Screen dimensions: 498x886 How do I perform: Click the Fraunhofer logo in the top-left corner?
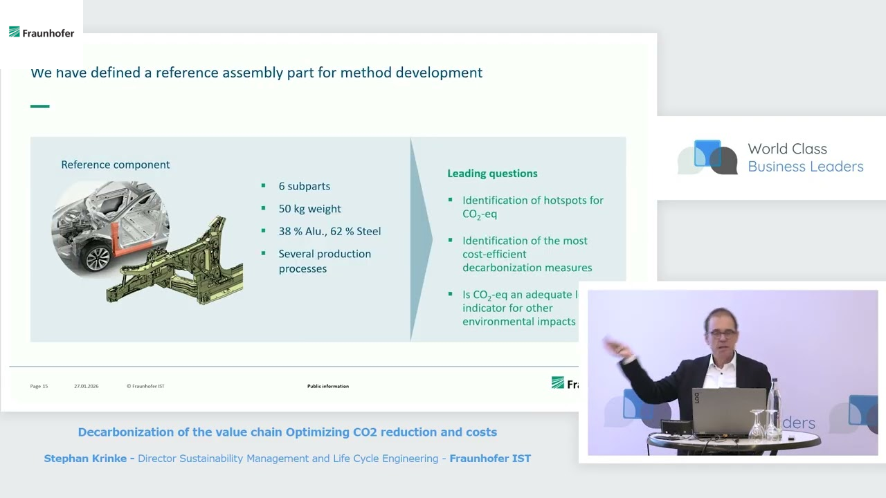[x=42, y=33]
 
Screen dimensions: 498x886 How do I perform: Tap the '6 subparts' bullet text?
[x=304, y=186]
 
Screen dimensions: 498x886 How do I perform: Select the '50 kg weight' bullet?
[x=309, y=209]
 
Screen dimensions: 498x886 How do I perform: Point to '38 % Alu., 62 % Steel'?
[x=329, y=232]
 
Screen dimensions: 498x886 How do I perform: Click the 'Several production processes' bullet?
[x=324, y=261]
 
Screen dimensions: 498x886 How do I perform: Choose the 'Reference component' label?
[x=116, y=165]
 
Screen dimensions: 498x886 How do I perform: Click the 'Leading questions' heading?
[x=492, y=174]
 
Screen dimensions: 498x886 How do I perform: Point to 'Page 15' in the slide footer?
[x=39, y=386]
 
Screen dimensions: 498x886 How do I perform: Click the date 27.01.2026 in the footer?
[x=87, y=386]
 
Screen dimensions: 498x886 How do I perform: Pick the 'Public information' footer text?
[x=328, y=386]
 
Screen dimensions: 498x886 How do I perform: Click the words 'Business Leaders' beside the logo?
[x=806, y=167]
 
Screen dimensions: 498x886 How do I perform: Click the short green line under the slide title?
[x=40, y=107]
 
